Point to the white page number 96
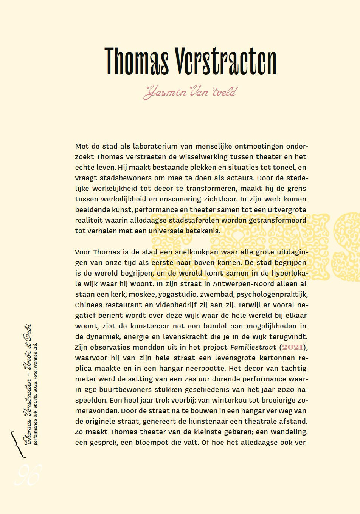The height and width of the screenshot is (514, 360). click(27, 475)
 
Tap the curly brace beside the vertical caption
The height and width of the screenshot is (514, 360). click(14, 440)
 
